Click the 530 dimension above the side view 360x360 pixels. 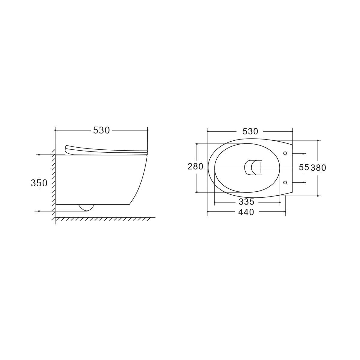[101, 130]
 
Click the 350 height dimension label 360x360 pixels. [39, 183]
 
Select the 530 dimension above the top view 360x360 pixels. [250, 132]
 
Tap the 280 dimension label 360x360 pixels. [195, 166]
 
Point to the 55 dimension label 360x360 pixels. [304, 167]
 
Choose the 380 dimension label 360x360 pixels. [318, 168]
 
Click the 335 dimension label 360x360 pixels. [246, 202]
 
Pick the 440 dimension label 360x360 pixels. [246, 212]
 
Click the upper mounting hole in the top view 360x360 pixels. [285, 153]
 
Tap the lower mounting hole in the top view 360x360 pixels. [285, 182]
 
